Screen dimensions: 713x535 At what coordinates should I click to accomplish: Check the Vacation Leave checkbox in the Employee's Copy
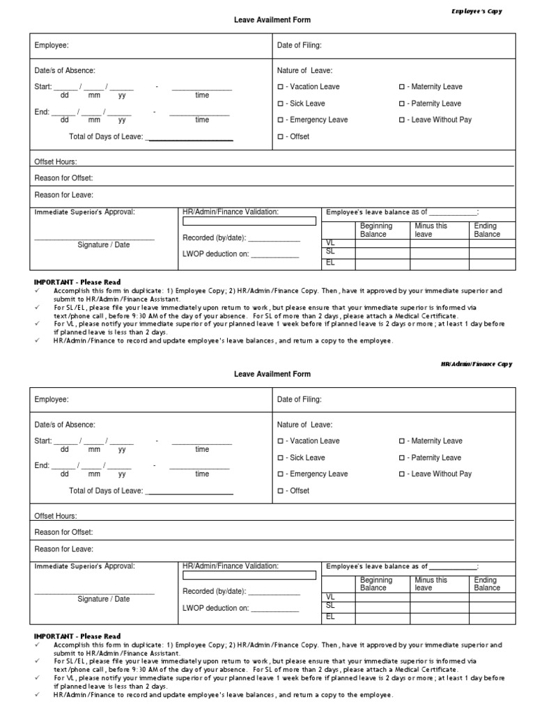pos(280,87)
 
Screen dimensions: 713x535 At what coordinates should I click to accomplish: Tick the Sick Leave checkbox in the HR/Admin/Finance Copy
pos(280,458)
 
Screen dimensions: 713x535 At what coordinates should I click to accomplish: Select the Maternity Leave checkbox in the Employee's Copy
pos(402,87)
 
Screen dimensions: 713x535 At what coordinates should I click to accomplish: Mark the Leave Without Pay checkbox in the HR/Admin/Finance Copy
pos(402,474)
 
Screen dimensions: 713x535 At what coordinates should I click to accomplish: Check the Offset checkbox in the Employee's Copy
pos(280,137)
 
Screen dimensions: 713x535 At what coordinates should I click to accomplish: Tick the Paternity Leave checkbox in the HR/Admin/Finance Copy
pos(402,458)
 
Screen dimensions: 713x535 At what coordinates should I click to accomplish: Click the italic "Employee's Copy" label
pos(476,11)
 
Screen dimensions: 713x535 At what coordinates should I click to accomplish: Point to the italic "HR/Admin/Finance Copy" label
pos(476,364)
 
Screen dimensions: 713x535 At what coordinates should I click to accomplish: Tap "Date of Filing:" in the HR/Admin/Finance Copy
pos(300,400)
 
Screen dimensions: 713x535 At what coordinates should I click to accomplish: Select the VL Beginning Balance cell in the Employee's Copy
pos(382,244)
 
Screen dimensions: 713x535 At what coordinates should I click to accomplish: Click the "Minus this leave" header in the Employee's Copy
pos(431,230)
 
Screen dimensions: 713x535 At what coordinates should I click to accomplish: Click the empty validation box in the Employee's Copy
pos(249,221)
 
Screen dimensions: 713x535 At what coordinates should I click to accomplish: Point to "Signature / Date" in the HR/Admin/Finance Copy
pos(103,599)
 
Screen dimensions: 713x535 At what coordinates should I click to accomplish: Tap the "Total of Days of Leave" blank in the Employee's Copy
pos(189,137)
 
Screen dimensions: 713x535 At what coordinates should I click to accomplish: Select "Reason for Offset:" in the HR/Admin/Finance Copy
pos(63,533)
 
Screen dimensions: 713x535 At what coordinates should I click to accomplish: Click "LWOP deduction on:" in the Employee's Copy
pos(215,254)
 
